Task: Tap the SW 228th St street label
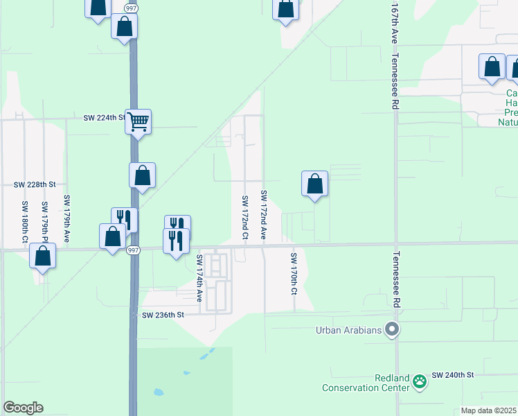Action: click(35, 184)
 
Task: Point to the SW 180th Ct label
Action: click(25, 222)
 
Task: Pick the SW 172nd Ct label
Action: click(245, 218)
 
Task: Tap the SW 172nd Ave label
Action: click(264, 215)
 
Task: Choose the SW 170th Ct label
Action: click(294, 273)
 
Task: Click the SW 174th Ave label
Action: click(199, 278)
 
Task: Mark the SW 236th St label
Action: click(163, 315)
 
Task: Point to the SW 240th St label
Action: click(452, 374)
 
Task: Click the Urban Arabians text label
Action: click(349, 330)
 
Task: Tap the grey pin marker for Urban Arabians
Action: click(393, 329)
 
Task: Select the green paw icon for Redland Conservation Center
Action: click(419, 381)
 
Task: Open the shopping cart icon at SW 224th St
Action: click(139, 123)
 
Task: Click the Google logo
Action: click(23, 408)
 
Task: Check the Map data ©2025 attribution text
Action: click(489, 410)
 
